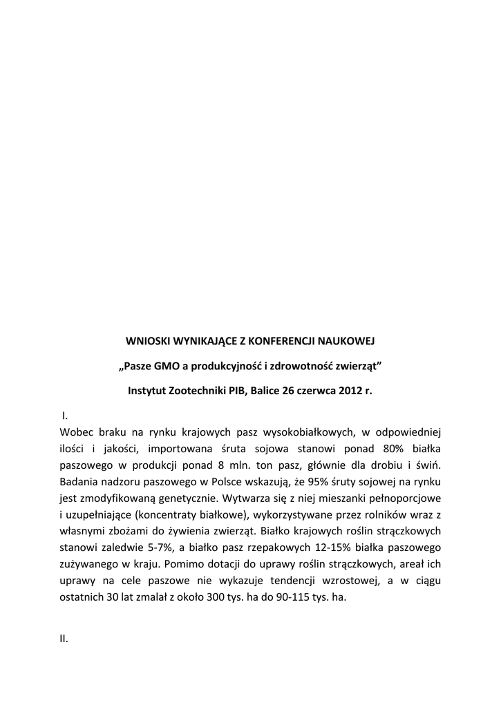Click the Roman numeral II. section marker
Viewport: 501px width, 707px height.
click(64, 639)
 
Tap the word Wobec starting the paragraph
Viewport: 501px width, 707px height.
click(77, 432)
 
